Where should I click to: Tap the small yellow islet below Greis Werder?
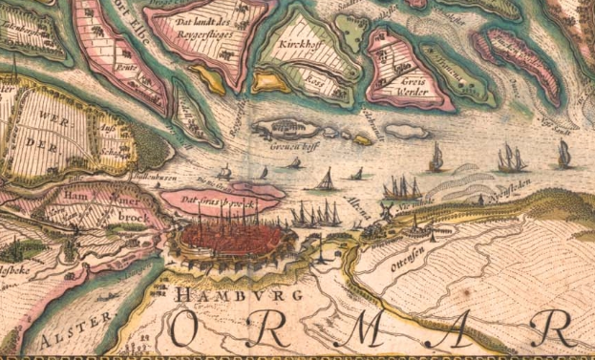click(x=362, y=140)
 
